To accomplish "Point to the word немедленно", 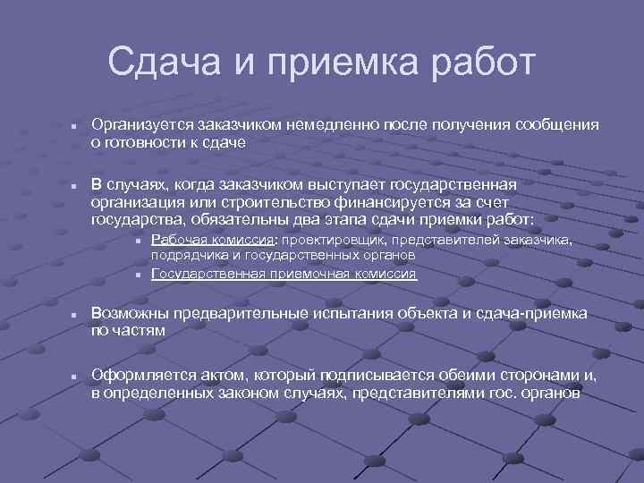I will [x=333, y=124].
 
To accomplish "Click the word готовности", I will [x=139, y=141].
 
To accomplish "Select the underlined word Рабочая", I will [x=180, y=240].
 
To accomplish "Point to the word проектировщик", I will [x=335, y=240].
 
